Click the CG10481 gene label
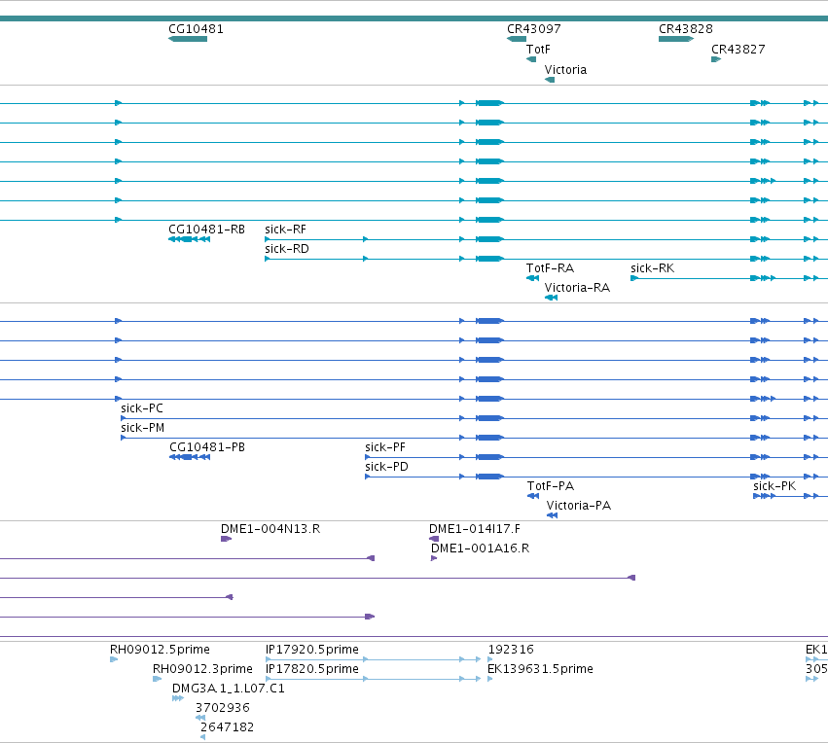pos(196,29)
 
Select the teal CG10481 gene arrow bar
pos(188,39)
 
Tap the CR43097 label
pos(534,29)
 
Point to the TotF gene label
pos(538,50)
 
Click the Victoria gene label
pos(565,70)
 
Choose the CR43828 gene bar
pos(676,39)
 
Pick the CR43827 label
pos(738,49)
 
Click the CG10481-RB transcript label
pos(206,230)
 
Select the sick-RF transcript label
pos(286,230)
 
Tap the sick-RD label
pos(287,249)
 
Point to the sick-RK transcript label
pos(653,268)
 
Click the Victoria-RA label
pos(577,288)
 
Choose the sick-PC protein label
pos(142,408)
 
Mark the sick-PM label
pos(143,428)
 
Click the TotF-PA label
pos(551,486)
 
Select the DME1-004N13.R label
pos(270,529)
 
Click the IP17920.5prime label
pos(312,650)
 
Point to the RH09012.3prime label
pos(202,669)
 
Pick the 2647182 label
pos(227,727)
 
